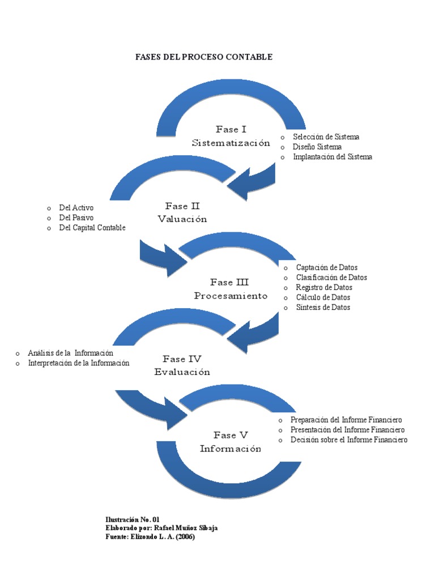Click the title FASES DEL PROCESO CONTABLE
pyautogui.click(x=203, y=57)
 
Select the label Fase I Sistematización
pyautogui.click(x=231, y=137)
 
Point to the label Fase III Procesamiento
pyautogui.click(x=230, y=289)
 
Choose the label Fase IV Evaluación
pyautogui.click(x=182, y=365)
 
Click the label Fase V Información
pyautogui.click(x=231, y=442)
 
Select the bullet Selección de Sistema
pyautogui.click(x=326, y=137)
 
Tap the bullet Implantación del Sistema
pyautogui.click(x=332, y=157)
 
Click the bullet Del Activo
pyautogui.click(x=76, y=208)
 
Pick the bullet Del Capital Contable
pyautogui.click(x=92, y=228)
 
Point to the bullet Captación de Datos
pyautogui.click(x=326, y=267)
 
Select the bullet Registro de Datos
pyautogui.click(x=324, y=287)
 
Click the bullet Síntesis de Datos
pyautogui.click(x=323, y=308)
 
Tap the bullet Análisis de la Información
pyautogui.click(x=70, y=353)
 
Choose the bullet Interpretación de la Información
pyautogui.click(x=79, y=363)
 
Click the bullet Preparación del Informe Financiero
pyautogui.click(x=346, y=420)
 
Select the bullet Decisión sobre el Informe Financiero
pyautogui.click(x=348, y=440)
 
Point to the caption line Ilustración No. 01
pyautogui.click(x=133, y=519)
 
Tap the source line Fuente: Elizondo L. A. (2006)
pyautogui.click(x=150, y=537)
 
